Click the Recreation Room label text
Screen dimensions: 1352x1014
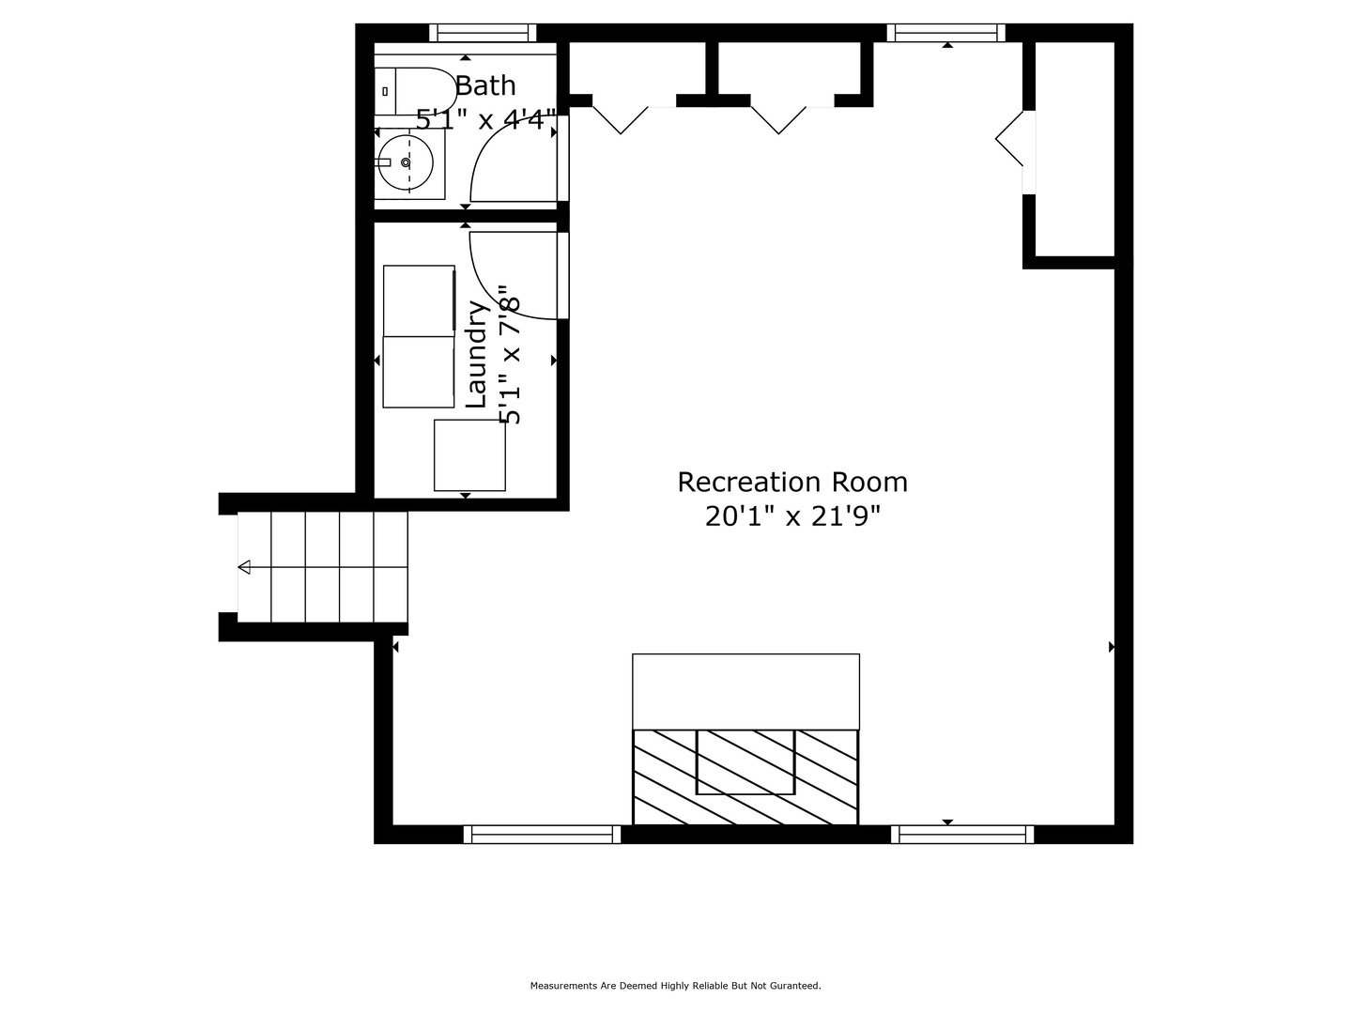click(x=792, y=482)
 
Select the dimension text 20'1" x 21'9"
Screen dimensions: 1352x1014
click(x=792, y=516)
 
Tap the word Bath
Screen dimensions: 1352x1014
click(x=485, y=85)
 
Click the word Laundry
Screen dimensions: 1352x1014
click(x=476, y=354)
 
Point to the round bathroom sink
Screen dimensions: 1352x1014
click(x=406, y=162)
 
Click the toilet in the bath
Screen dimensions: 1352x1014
click(x=415, y=91)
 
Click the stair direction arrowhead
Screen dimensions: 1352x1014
click(x=244, y=567)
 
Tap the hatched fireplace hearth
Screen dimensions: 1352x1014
click(x=745, y=777)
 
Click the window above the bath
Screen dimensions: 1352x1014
click(x=483, y=33)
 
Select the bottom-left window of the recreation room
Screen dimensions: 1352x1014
click(x=542, y=835)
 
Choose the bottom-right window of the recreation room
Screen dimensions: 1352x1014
click(x=962, y=835)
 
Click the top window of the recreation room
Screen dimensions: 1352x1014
click(x=946, y=33)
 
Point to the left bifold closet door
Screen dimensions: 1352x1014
click(x=621, y=120)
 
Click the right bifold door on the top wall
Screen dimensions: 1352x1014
click(x=778, y=120)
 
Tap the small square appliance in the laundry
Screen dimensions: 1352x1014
click(x=470, y=455)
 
